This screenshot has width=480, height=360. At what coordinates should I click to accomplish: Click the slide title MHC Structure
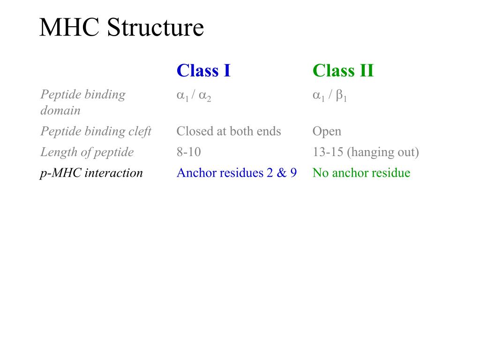pos(121,28)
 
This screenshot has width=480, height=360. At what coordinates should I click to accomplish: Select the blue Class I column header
pos(203,71)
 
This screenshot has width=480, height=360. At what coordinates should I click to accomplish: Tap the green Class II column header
pos(343,71)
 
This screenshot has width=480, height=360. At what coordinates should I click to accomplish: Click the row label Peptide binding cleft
pos(96,131)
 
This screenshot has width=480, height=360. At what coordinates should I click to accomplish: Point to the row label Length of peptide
pos(87,152)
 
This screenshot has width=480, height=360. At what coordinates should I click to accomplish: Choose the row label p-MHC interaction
pos(91,173)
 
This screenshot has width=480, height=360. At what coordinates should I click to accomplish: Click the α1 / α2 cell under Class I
pos(194,96)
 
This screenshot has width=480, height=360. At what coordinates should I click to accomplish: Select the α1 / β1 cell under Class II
pos(330,96)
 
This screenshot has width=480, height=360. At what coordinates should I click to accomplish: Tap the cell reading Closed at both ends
pos(229,131)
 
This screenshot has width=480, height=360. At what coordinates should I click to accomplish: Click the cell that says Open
pos(327,131)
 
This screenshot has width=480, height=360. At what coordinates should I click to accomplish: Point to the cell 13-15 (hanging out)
pos(366,152)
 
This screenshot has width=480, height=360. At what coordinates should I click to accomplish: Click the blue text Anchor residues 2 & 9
pos(237,173)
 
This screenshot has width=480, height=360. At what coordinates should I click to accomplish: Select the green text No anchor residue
pos(361,173)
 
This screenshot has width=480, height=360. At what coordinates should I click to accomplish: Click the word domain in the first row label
pos(60,111)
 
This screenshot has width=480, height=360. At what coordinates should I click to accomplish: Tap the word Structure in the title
pos(155,28)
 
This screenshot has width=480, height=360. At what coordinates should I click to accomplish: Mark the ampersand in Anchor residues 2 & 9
pos(281,173)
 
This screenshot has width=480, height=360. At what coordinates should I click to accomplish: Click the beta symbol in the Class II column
pos(339,96)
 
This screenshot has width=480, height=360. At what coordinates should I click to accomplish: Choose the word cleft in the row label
pos(140,131)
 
